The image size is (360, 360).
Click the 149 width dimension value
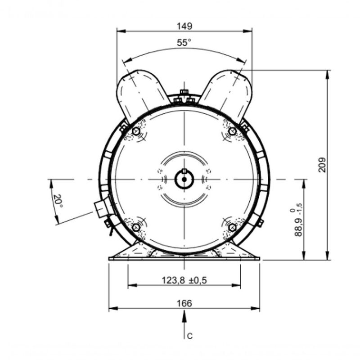tap(184, 26)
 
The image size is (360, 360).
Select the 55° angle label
tap(184, 43)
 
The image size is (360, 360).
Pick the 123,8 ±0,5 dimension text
tap(184, 280)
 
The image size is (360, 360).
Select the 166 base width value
tap(184, 303)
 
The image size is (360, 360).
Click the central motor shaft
tap(184, 180)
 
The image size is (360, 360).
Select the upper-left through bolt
tap(136, 131)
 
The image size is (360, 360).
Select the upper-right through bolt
tap(232, 131)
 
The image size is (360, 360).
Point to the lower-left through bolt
tap(136, 227)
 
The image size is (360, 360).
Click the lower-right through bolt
tap(232, 228)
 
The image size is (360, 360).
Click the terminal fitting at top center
tap(184, 96)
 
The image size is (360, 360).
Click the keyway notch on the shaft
tap(184, 171)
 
